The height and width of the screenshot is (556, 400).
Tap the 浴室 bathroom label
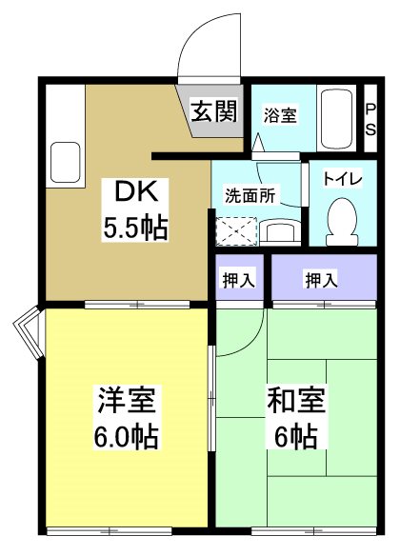click(x=280, y=115)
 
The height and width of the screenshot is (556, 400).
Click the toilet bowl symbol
click(x=338, y=218)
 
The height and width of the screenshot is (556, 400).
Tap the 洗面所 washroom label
click(x=250, y=195)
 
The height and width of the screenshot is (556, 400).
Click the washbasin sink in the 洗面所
click(x=280, y=231)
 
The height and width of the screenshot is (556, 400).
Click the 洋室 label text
click(x=126, y=400)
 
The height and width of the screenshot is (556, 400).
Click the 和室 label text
click(x=298, y=400)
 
